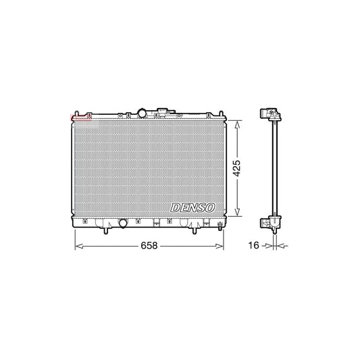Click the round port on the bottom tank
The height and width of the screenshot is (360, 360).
point(123,223)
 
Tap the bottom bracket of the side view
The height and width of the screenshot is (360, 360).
point(272,222)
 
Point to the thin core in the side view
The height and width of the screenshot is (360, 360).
point(274,169)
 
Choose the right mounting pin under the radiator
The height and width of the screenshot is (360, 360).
point(196,232)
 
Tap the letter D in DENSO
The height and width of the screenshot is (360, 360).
point(175,209)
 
